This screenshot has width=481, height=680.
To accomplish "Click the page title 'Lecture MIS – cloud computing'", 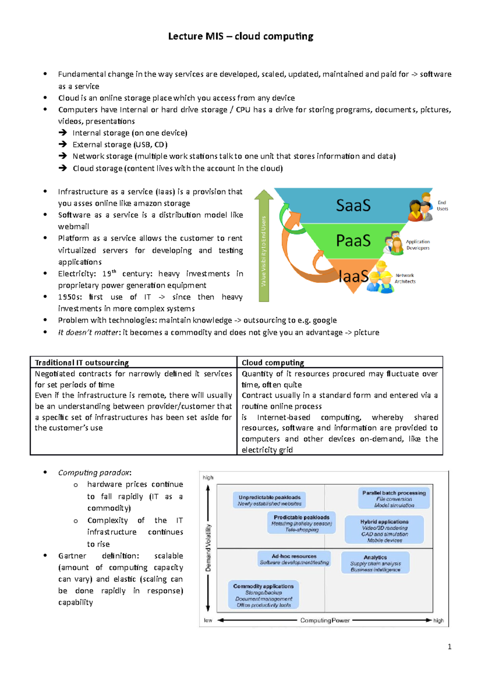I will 240,36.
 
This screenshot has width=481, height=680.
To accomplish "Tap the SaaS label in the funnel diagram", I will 353,205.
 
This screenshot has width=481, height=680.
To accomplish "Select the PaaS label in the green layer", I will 353,241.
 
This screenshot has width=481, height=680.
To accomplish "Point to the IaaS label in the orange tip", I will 353,276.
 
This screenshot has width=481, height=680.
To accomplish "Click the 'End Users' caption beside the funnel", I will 442,205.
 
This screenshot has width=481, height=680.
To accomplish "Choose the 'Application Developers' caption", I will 418,245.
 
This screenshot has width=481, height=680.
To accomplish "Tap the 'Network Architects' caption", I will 405,278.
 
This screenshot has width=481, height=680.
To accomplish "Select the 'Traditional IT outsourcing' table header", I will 82,362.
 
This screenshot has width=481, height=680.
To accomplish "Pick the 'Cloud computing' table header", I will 273,362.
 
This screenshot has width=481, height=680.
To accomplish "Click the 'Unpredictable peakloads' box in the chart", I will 269,500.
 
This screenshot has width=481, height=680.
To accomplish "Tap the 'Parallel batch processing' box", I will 394,499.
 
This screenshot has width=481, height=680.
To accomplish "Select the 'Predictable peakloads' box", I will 301,523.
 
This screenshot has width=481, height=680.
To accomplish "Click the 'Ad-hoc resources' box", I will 294,559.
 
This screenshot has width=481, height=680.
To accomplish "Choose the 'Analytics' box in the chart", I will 375,563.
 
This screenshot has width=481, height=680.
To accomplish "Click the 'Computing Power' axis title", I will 325,620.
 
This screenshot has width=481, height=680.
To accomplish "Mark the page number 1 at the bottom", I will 449,646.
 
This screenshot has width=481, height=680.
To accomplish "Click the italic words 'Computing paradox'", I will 94,473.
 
